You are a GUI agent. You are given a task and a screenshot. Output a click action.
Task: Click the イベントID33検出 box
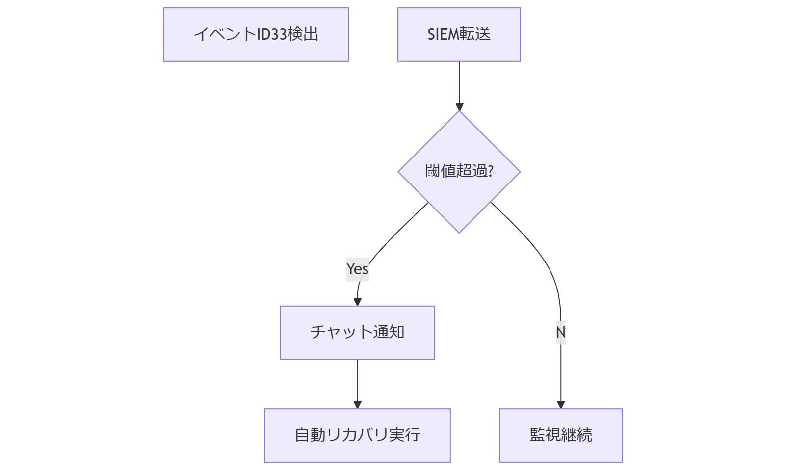[256, 34]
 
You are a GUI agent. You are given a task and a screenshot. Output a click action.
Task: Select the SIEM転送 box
[459, 34]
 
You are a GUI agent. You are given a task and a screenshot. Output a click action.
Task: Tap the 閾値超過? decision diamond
[459, 172]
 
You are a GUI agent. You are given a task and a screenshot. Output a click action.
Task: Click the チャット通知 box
[357, 333]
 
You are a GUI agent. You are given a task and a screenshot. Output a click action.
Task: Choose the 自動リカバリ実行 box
[357, 435]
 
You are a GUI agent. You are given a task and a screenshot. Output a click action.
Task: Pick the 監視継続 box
[561, 435]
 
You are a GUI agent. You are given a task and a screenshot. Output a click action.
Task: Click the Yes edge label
[357, 269]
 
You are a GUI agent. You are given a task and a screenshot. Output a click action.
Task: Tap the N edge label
[561, 332]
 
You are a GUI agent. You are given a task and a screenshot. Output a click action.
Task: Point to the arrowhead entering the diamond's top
[459, 107]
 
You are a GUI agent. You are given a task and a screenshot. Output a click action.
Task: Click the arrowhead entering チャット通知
[357, 302]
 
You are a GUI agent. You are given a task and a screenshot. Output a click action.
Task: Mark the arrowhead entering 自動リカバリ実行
[357, 404]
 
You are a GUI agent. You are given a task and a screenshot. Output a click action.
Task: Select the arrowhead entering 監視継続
[561, 404]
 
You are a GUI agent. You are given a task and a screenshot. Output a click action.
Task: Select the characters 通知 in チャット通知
[389, 332]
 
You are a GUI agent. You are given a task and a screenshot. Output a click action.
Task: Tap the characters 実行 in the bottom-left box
[405, 435]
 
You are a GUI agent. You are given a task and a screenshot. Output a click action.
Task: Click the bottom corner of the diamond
[459, 232]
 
